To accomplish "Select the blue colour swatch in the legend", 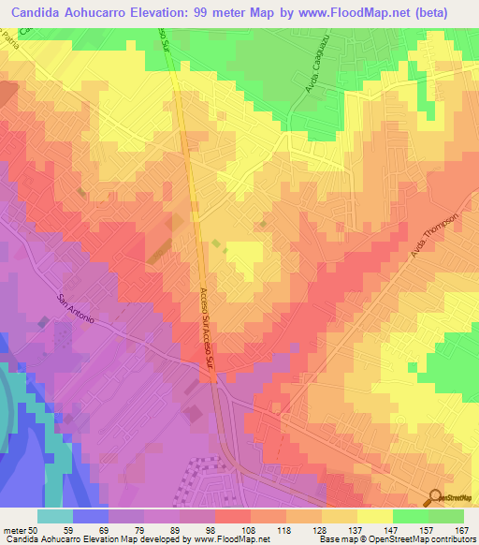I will pos(91,516).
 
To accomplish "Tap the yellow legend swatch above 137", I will pos(340,516).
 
